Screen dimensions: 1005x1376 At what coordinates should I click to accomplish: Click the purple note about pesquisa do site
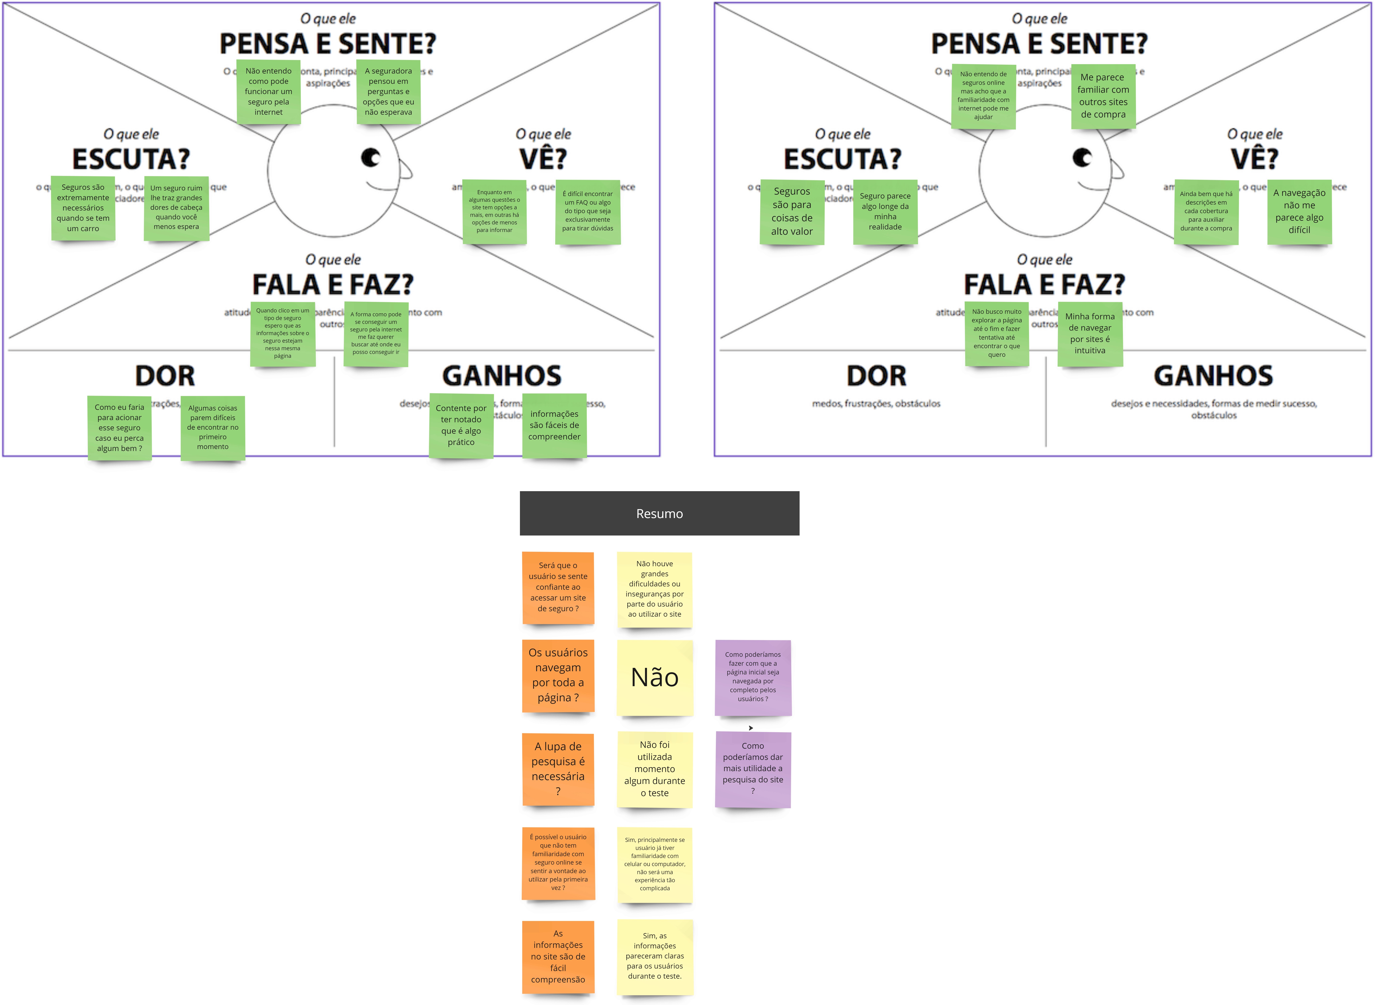coord(753,769)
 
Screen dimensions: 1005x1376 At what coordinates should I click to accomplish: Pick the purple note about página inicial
coord(753,677)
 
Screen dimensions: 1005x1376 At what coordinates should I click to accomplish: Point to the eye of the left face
coord(371,158)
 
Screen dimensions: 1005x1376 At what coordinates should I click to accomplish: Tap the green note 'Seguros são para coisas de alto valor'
coord(792,212)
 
